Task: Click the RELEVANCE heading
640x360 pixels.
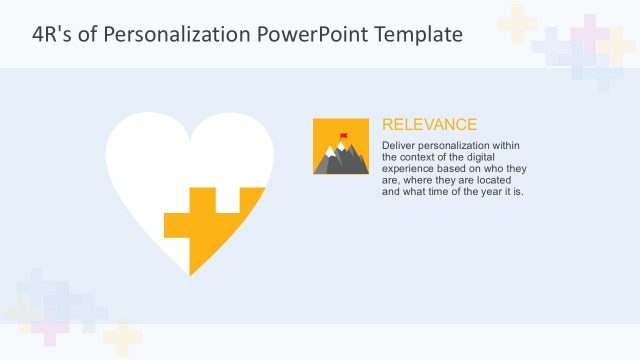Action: coord(429,125)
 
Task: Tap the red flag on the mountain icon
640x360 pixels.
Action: coord(344,135)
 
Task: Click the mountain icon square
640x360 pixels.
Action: coord(342,147)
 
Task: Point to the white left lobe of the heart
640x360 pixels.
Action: coord(140,160)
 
